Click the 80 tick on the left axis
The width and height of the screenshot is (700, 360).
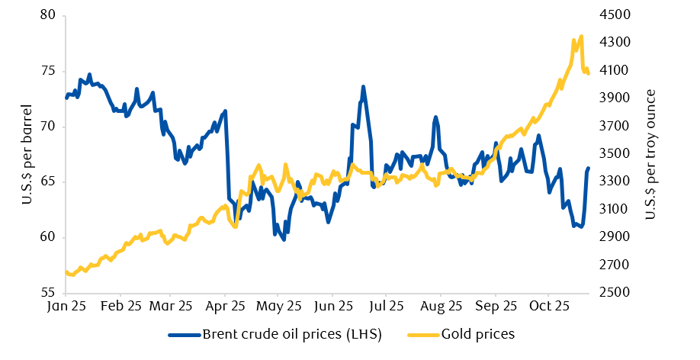click(49, 15)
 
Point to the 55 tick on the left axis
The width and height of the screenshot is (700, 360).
click(49, 294)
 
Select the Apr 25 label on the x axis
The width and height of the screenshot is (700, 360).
click(225, 307)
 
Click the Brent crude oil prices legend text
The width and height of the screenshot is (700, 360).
click(292, 334)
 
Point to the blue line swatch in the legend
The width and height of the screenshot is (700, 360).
click(184, 334)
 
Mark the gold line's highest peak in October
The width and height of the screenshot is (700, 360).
click(581, 36)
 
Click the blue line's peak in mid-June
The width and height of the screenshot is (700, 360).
click(363, 87)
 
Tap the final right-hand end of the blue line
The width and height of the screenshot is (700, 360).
click(588, 168)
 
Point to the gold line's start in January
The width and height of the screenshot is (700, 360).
click(66, 272)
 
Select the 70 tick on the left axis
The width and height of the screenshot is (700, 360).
click(49, 127)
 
